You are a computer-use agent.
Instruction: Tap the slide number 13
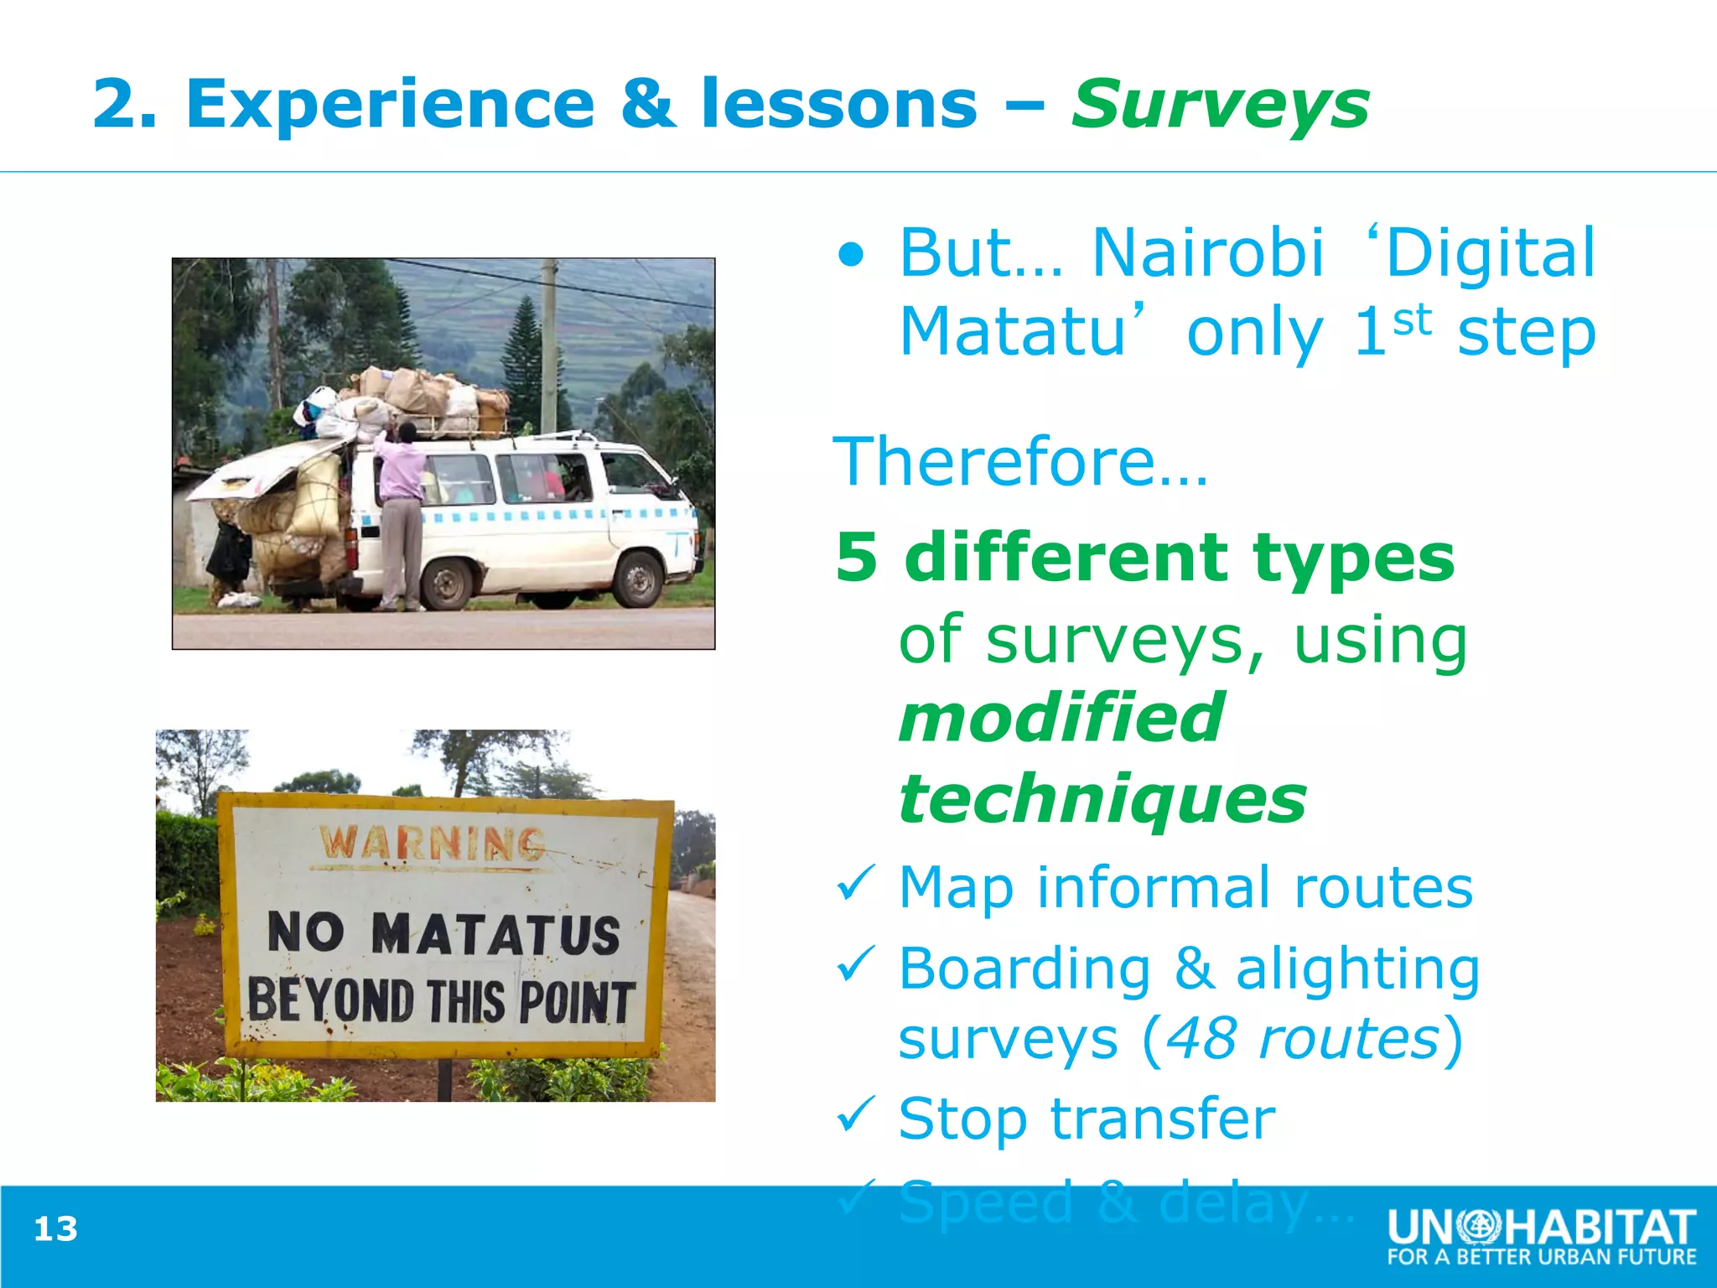(x=55, y=1229)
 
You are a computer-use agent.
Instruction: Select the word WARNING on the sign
(x=433, y=844)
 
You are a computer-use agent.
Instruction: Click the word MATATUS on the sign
(x=495, y=934)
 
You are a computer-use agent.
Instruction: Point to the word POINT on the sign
(x=576, y=1002)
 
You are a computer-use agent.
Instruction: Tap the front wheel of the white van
(x=639, y=579)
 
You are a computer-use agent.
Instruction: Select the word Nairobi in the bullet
(x=1208, y=252)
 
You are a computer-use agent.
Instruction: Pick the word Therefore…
(x=1020, y=462)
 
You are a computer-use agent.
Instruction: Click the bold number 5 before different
(x=857, y=558)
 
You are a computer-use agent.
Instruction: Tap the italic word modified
(x=1061, y=719)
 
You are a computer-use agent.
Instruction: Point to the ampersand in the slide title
(x=649, y=104)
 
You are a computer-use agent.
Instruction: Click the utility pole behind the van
(x=549, y=344)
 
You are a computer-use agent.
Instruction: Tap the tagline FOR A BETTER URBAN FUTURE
(x=1541, y=1257)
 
